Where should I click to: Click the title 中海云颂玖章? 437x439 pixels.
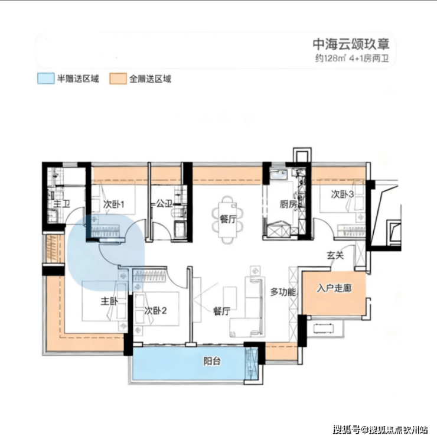[x=351, y=44]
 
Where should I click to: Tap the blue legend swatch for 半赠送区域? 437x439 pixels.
[x=45, y=79]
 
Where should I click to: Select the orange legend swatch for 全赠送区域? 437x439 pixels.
[x=118, y=79]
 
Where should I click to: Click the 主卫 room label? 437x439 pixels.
[x=61, y=203]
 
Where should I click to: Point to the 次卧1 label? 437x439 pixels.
[x=113, y=204]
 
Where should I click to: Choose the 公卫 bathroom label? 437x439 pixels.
[x=164, y=203]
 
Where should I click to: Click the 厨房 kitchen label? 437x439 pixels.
[x=288, y=204]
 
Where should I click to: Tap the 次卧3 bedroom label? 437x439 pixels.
[x=343, y=194]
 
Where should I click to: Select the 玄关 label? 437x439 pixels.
[x=335, y=255]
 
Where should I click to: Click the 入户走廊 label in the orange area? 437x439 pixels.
[x=334, y=288]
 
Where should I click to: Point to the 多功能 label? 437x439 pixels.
[x=283, y=292]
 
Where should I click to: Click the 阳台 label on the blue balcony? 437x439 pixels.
[x=212, y=361]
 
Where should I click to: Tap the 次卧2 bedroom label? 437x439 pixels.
[x=155, y=311]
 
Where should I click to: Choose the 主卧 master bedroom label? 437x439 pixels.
[x=109, y=301]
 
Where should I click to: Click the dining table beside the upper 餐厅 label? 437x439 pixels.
[x=227, y=220]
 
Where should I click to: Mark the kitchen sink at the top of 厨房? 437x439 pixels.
[x=279, y=174]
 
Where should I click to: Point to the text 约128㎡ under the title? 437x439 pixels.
[x=330, y=58]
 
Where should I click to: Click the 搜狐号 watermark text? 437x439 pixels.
[x=347, y=430]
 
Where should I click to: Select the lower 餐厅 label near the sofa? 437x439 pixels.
[x=222, y=311]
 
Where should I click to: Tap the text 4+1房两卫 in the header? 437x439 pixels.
[x=369, y=58]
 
